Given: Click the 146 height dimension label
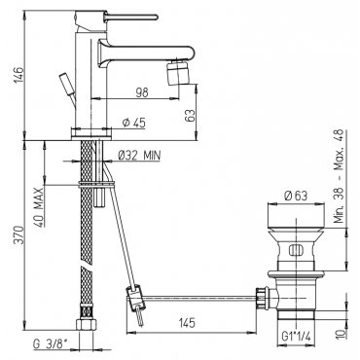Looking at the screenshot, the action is coord(18,75).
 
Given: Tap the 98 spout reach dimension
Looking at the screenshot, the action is coord(142,92).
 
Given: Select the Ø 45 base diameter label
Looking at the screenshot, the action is coord(134,123).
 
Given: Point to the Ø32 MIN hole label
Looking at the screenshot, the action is coord(139,156).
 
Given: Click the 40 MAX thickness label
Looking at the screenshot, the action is coord(39,207).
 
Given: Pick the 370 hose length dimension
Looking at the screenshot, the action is coord(18,235).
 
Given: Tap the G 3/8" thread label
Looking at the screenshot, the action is coord(52,344).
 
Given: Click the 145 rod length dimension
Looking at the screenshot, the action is coord(186,323).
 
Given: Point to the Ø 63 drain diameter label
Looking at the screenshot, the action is coord(295,196).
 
